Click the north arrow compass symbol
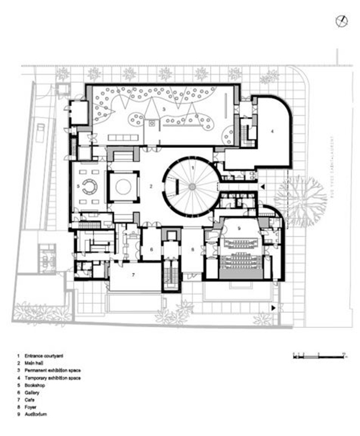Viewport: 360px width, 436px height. point(341,22)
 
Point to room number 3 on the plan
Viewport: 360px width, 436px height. point(163,109)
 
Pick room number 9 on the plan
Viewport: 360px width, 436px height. point(238,228)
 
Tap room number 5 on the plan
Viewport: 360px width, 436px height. point(79,186)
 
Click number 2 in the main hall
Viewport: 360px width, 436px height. point(151,187)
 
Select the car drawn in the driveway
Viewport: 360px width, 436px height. point(40,132)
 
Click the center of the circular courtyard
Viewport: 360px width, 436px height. point(191,187)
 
